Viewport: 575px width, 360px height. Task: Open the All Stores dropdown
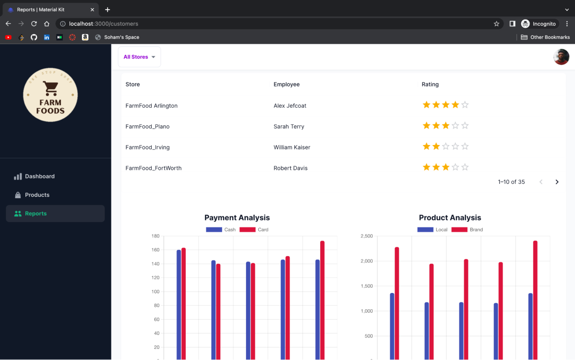point(139,57)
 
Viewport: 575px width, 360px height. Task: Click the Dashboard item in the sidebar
point(39,176)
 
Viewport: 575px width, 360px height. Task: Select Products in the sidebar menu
point(37,195)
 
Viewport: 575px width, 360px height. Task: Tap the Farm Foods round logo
point(50,95)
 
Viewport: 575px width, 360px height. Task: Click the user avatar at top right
point(561,57)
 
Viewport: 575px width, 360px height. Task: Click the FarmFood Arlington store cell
point(151,106)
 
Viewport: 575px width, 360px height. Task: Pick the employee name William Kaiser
point(292,147)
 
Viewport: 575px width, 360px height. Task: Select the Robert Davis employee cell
point(290,168)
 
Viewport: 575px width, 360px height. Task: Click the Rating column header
point(430,84)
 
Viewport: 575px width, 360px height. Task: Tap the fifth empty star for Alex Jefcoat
point(464,105)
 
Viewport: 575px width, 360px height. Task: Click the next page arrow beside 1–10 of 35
point(557,182)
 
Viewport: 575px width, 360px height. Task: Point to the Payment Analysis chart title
point(237,218)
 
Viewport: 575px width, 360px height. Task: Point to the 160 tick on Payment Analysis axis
point(155,250)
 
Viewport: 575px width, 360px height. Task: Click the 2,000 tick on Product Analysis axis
point(366,261)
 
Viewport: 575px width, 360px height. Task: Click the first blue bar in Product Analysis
point(392,326)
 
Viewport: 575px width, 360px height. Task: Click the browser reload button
point(34,23)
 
